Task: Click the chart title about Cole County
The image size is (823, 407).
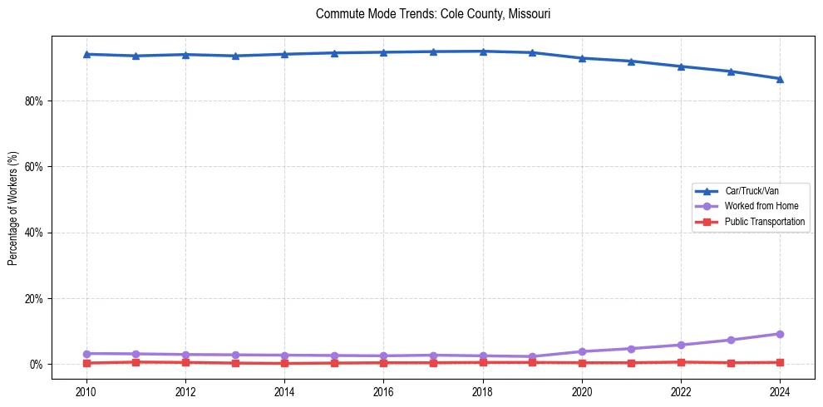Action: (433, 14)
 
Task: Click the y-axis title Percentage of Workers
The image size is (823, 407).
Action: (13, 208)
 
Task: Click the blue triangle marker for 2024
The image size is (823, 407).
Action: (780, 79)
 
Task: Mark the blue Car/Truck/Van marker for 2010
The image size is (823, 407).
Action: (86, 54)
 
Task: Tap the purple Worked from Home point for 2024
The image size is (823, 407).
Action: (780, 334)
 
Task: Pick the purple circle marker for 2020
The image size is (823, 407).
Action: (582, 351)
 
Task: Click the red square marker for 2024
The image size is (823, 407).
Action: (780, 362)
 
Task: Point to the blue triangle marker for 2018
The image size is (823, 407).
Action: (483, 51)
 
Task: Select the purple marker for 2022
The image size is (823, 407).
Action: (681, 345)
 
